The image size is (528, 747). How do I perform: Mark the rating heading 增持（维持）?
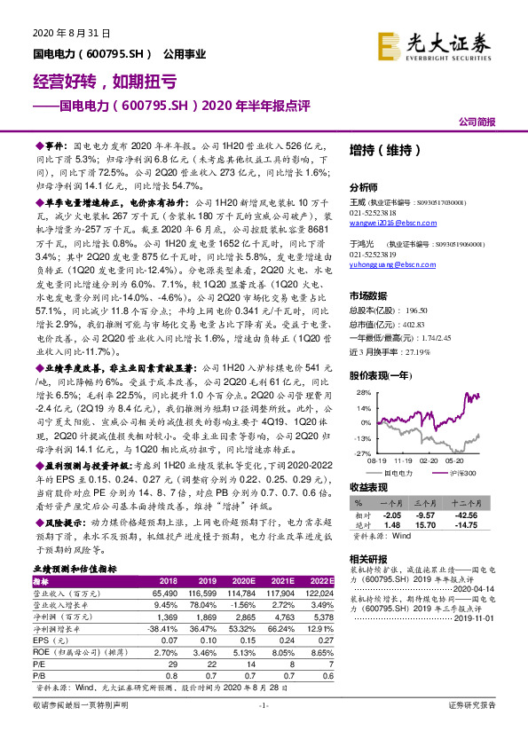pos(383,151)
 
